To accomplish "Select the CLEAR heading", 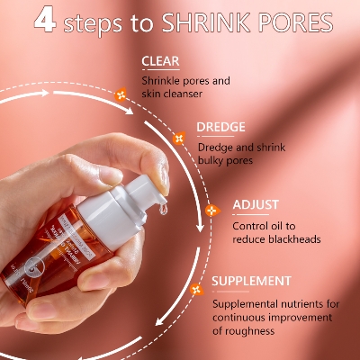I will (x=161, y=62).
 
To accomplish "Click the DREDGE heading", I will (x=222, y=129).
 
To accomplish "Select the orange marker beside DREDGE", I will (x=178, y=139).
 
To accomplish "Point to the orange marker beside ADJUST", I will (x=212, y=211).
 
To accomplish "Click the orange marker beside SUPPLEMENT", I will (x=196, y=289).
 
